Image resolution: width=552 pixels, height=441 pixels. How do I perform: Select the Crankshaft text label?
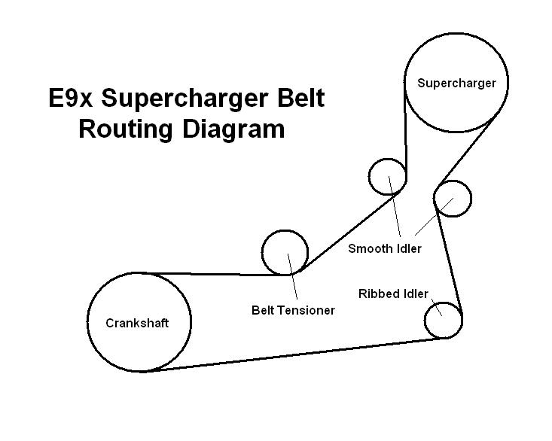coord(137,323)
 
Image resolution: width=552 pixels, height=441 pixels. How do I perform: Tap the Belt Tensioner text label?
coord(293,309)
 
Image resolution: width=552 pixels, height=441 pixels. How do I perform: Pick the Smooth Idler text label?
coord(384,248)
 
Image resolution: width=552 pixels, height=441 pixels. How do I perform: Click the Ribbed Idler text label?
coord(393,293)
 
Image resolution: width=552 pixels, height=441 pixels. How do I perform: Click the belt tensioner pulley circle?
coord(285,252)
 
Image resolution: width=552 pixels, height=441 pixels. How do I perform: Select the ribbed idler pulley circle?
coord(443,321)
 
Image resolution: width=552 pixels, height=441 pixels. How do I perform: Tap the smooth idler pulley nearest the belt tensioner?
coord(388,177)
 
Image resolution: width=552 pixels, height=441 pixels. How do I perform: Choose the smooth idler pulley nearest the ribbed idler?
coord(453,198)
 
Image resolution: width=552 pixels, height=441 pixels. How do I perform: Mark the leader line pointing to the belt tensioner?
coord(294,282)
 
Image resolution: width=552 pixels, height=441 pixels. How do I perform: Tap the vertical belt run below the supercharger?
coord(406,135)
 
